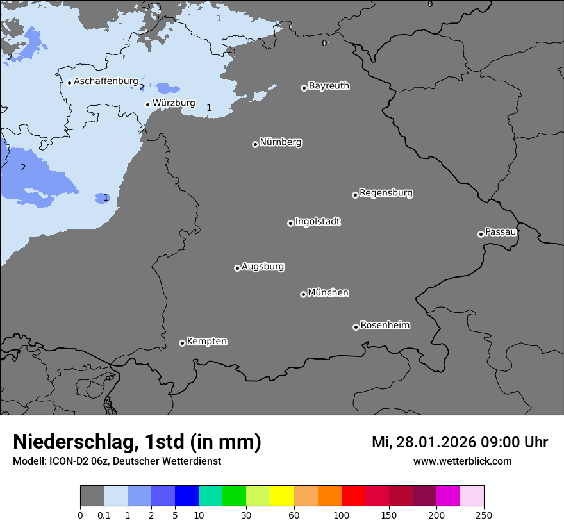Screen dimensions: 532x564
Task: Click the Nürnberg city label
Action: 280,142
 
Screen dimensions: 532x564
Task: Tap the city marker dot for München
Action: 303,294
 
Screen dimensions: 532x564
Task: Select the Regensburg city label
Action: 386,193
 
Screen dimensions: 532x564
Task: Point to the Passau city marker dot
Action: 481,234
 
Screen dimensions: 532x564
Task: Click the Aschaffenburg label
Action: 106,81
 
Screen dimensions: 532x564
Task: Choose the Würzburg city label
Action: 174,103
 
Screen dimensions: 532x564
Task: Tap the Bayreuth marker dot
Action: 304,88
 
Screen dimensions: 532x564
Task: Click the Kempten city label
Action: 206,342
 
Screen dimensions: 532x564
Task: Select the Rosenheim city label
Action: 385,326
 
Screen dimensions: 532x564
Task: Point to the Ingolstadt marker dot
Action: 290,223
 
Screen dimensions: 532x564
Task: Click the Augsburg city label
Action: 263,267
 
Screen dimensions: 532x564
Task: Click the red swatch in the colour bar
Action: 353,496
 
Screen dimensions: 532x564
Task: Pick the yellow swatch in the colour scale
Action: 282,496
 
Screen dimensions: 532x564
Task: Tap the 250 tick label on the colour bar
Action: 484,515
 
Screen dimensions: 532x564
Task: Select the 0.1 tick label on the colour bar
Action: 104,515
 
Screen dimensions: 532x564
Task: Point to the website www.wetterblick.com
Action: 462,461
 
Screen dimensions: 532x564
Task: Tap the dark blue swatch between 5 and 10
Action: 187,496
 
